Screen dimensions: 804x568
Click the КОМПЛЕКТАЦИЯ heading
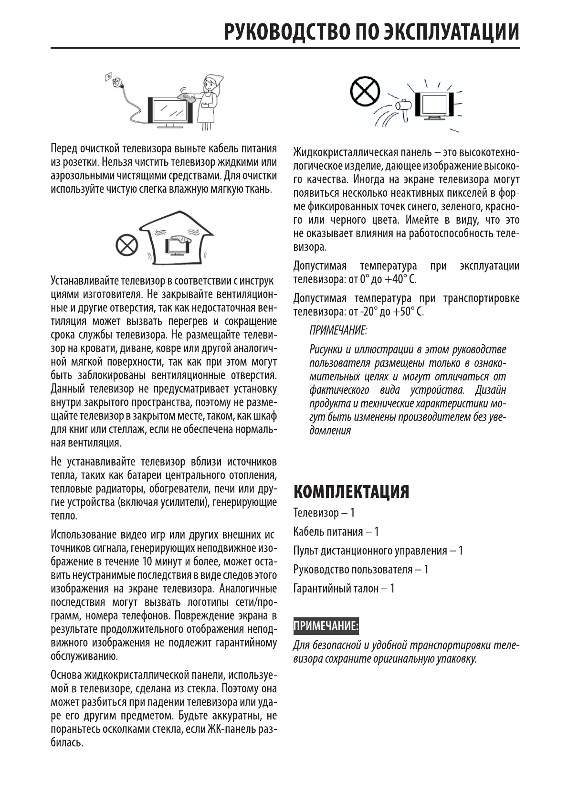pos(351,491)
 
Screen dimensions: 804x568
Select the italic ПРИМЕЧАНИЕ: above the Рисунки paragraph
pos(338,330)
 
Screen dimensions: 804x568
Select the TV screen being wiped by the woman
pos(169,110)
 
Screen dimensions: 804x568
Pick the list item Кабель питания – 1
pos(336,531)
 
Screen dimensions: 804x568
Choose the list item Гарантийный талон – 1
pos(344,588)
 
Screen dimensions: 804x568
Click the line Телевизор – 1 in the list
pos(324,513)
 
